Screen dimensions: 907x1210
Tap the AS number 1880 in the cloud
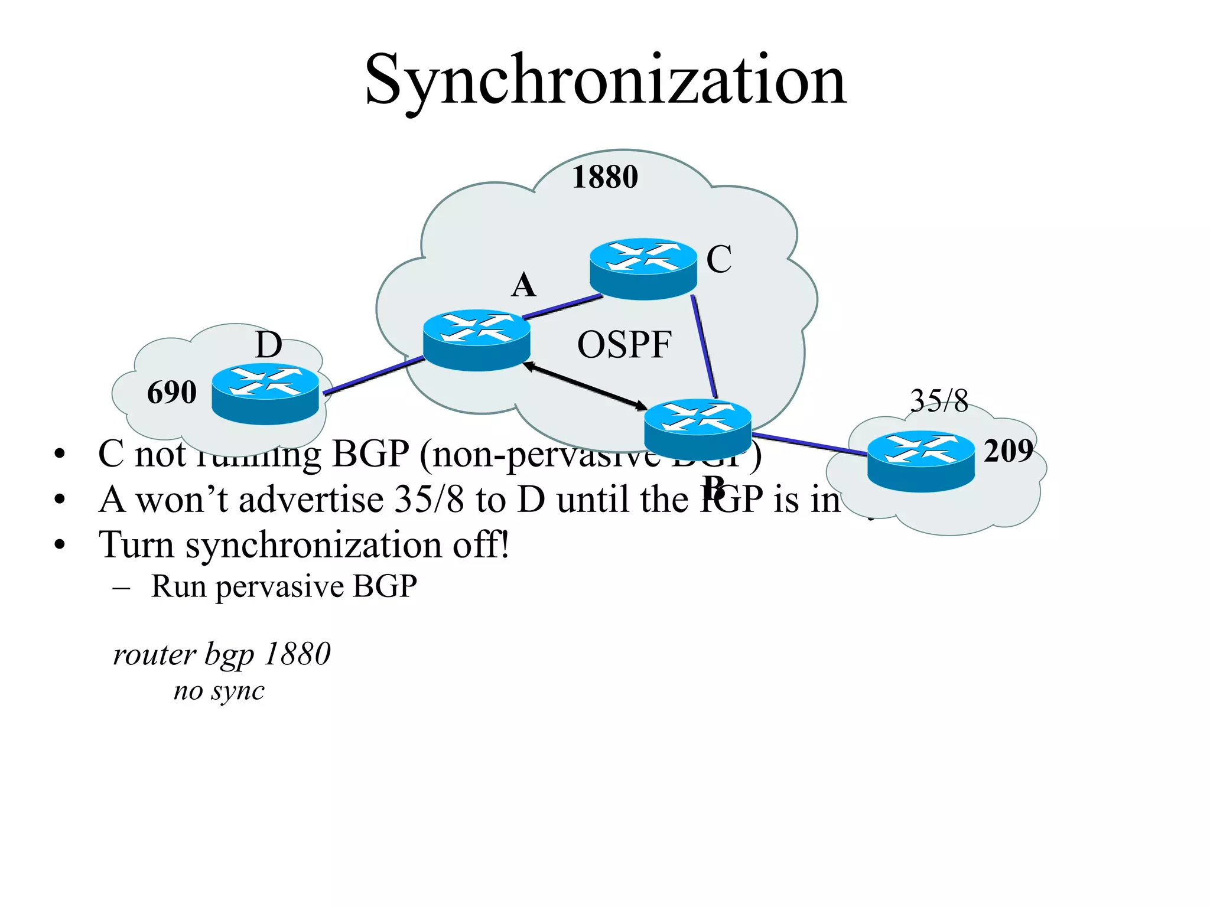click(x=605, y=177)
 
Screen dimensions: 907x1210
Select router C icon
click(x=643, y=269)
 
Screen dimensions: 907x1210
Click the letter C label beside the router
click(x=719, y=259)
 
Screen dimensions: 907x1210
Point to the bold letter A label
click(x=523, y=285)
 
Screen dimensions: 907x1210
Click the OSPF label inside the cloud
click(x=624, y=345)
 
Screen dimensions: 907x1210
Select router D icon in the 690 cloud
click(x=265, y=394)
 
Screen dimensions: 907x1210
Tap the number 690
click(x=171, y=392)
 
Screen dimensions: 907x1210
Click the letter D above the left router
click(x=268, y=345)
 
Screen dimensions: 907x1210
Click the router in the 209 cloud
click(x=920, y=461)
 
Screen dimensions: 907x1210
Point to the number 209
click(x=1008, y=451)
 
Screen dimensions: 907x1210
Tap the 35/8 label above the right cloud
click(x=939, y=401)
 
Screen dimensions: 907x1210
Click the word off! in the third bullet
click(x=480, y=544)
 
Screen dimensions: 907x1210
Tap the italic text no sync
click(x=219, y=691)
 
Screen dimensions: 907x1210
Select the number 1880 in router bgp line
click(x=297, y=654)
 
